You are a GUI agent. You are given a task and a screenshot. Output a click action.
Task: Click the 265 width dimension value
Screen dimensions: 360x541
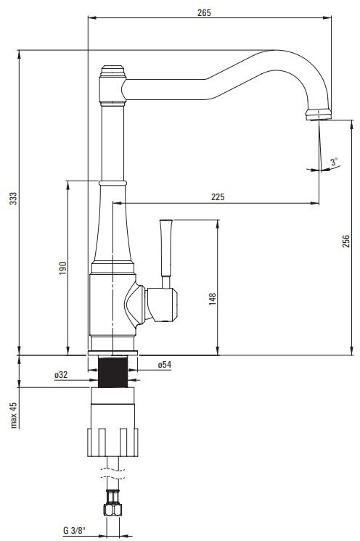pyautogui.click(x=204, y=13)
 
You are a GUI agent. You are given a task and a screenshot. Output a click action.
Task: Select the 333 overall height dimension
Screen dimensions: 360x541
pyautogui.click(x=13, y=199)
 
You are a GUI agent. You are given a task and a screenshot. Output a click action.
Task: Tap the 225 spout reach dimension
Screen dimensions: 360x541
pyautogui.click(x=218, y=197)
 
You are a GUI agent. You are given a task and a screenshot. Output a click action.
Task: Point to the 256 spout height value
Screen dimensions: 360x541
pyautogui.click(x=346, y=241)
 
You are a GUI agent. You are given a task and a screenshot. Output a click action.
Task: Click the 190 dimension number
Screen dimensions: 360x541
pyautogui.click(x=62, y=268)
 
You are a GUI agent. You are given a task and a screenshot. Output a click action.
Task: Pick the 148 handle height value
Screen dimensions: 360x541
pyautogui.click(x=212, y=299)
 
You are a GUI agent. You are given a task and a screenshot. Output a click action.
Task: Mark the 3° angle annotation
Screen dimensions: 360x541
pyautogui.click(x=334, y=162)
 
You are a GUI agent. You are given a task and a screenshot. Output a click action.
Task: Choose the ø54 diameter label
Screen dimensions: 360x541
pyautogui.click(x=164, y=364)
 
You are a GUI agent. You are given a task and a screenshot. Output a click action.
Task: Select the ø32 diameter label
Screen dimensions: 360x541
pyautogui.click(x=61, y=374)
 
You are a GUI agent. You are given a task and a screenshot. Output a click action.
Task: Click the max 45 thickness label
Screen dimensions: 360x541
pyautogui.click(x=13, y=415)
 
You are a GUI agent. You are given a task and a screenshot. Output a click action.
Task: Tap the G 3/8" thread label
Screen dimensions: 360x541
pyautogui.click(x=74, y=530)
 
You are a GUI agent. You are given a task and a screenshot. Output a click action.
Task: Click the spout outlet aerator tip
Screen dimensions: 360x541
pyautogui.click(x=319, y=115)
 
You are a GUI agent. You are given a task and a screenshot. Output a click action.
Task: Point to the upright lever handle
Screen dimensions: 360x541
pyautogui.click(x=166, y=253)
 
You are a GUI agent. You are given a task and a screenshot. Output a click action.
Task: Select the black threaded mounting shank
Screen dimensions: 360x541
pyautogui.click(x=113, y=371)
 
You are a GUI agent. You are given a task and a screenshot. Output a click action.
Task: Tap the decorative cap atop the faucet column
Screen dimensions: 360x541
pyautogui.click(x=112, y=71)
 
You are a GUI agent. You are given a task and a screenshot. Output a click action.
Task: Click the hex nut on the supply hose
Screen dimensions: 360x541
pyautogui.click(x=112, y=510)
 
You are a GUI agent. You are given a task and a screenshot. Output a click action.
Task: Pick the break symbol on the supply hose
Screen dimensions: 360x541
pyautogui.click(x=112, y=474)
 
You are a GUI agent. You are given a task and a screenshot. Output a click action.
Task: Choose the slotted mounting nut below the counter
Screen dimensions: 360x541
pyautogui.click(x=112, y=442)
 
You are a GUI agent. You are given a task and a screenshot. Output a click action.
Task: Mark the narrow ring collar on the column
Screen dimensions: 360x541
pyautogui.click(x=113, y=183)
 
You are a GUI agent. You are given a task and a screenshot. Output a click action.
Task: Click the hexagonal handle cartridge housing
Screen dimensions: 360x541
pyautogui.click(x=162, y=305)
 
